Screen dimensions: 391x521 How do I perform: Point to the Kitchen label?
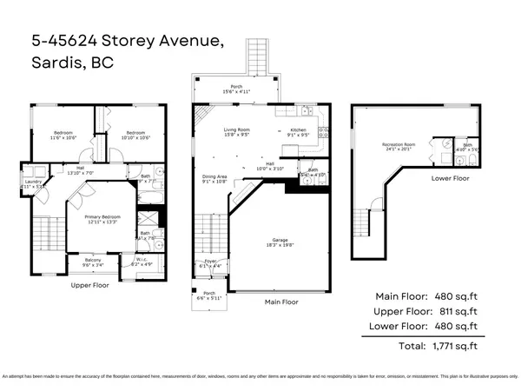pyautogui.click(x=298, y=131)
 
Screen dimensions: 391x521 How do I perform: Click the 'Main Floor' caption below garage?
pyautogui.click(x=279, y=302)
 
